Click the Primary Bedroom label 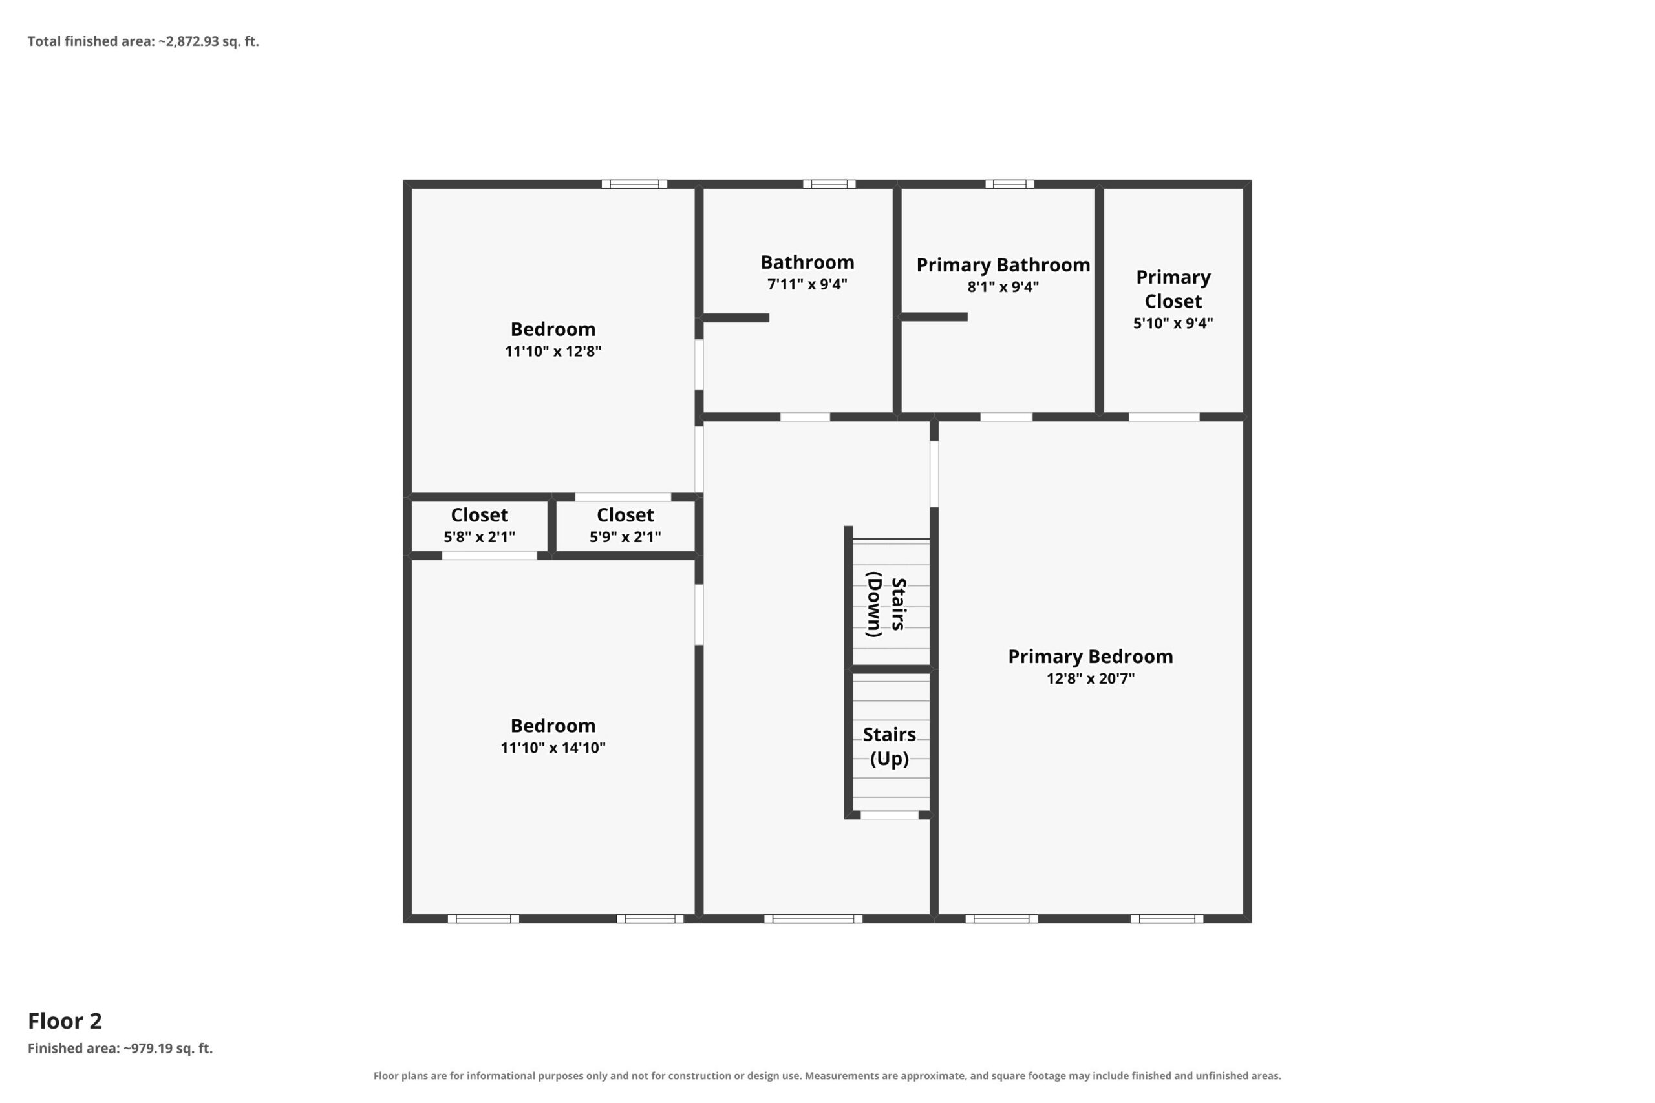tap(1090, 657)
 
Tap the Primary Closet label tap(1173, 289)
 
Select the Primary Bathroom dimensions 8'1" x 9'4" tap(1003, 287)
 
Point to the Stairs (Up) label tap(890, 746)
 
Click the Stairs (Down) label tap(886, 604)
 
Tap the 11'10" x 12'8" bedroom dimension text tap(553, 351)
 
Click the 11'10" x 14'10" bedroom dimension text tap(553, 748)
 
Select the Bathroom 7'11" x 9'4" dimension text tap(807, 284)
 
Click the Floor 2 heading tap(65, 1021)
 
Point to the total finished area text tap(144, 41)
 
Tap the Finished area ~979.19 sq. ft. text tap(120, 1048)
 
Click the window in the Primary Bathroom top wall tap(1009, 184)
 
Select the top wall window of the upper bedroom tap(634, 184)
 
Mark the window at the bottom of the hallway tap(813, 919)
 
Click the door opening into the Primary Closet tap(1164, 417)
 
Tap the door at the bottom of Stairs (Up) tap(890, 815)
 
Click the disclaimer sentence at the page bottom tap(827, 1076)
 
